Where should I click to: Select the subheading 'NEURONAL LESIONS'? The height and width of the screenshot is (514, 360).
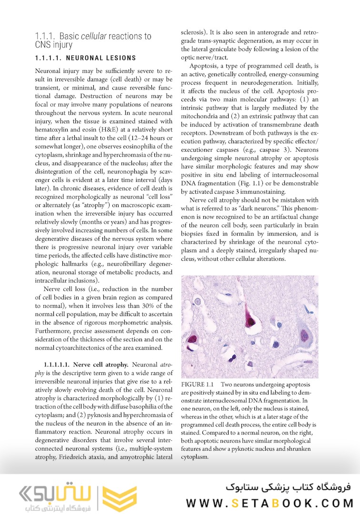click(100, 58)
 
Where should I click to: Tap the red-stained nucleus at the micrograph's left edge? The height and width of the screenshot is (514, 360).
click(191, 339)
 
